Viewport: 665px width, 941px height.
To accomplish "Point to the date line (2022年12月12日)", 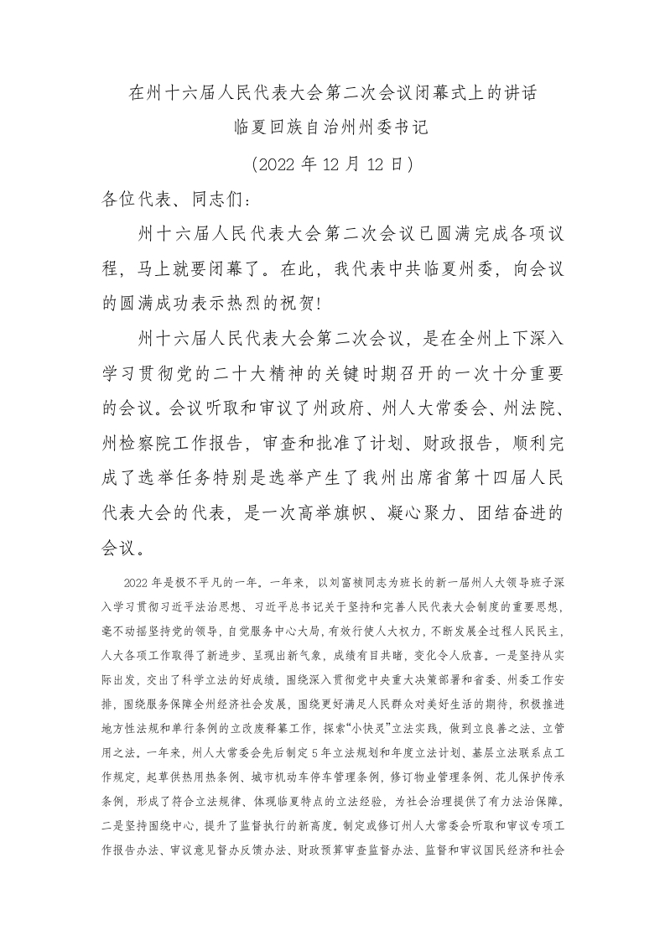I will (x=332, y=164).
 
